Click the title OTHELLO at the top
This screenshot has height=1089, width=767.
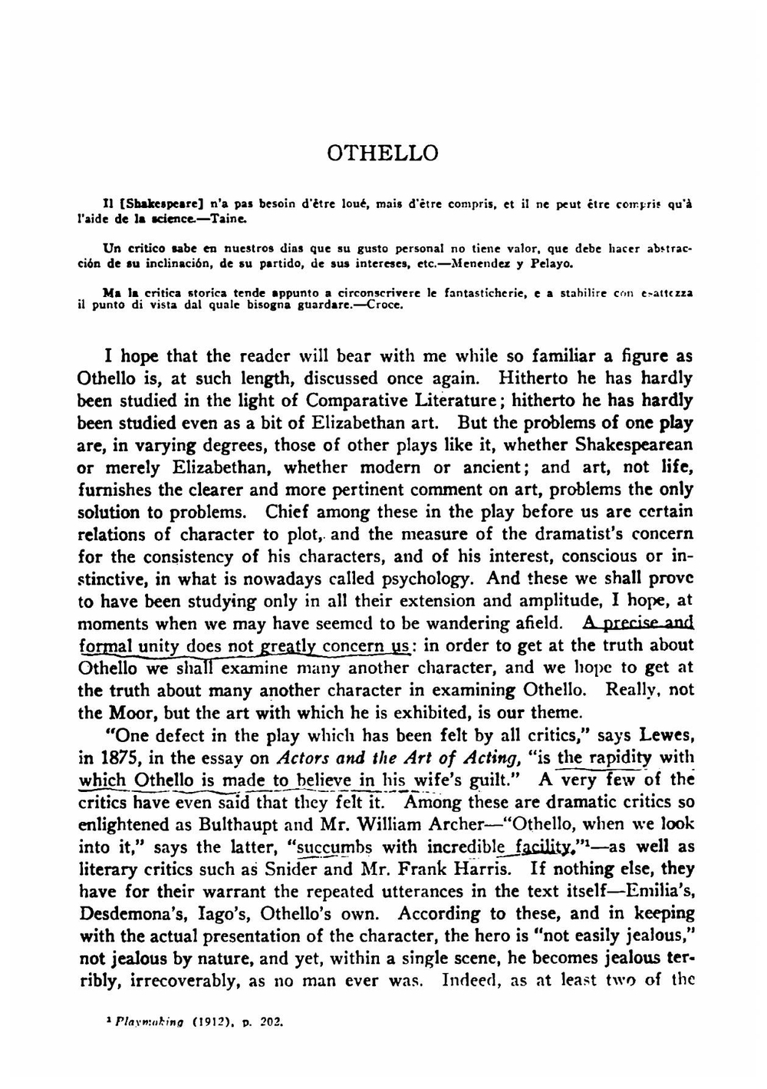383,153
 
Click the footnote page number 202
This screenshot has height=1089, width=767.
273,1023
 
